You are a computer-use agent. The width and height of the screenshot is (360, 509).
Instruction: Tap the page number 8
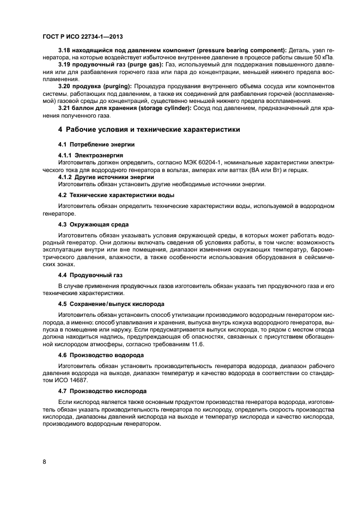click(44, 462)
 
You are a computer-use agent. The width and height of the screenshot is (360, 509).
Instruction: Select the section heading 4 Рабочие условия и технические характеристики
click(148, 130)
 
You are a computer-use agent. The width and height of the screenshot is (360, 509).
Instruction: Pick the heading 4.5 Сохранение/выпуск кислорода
click(111, 303)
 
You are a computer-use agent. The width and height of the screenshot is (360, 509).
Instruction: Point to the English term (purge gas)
click(138, 65)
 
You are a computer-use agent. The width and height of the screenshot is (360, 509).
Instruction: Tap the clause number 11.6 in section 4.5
click(196, 344)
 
